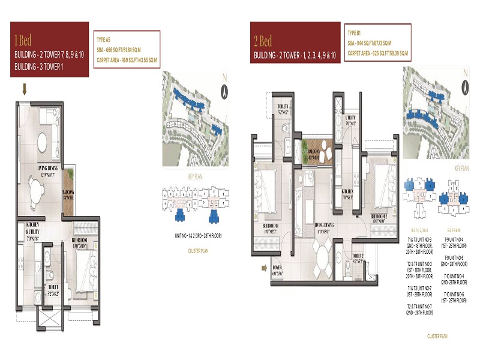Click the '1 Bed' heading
(x=24, y=41)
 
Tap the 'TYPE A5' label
(x=106, y=38)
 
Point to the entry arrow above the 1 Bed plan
(x=25, y=90)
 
